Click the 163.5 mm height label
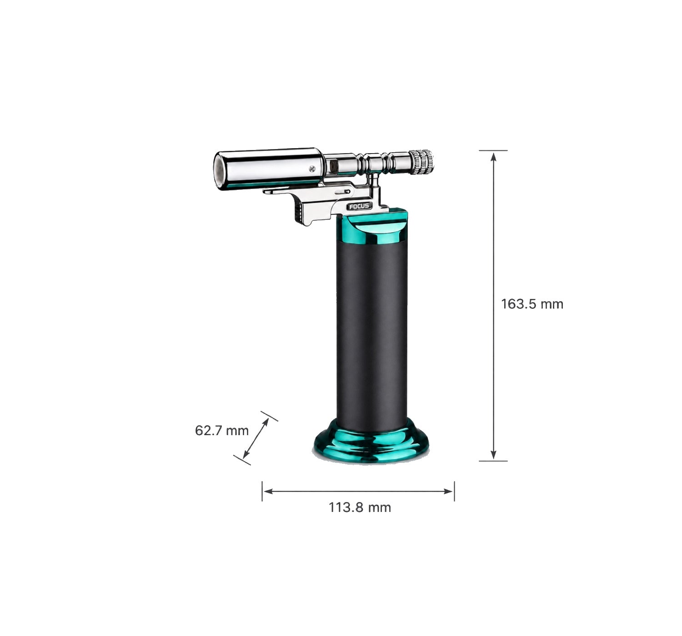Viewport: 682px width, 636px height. (x=532, y=304)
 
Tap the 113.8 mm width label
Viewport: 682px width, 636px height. (x=360, y=507)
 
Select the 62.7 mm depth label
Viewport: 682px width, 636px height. (x=222, y=430)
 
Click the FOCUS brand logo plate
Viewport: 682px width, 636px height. (x=359, y=206)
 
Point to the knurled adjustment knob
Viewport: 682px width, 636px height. (x=421, y=162)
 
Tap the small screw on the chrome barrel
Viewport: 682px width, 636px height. (x=312, y=169)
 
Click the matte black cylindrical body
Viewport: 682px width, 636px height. (x=372, y=335)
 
